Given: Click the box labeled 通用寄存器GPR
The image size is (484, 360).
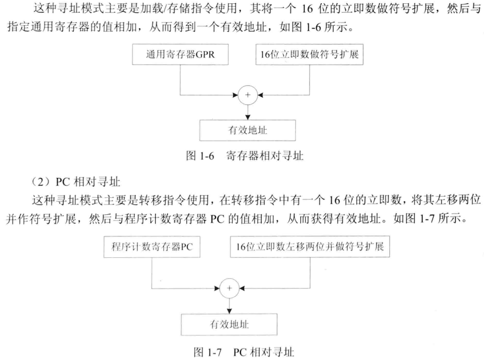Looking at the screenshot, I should coord(180,54).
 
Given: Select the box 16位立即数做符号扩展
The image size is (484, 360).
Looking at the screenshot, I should coord(309,54).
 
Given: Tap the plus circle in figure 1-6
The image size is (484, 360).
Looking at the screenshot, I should coord(248,95).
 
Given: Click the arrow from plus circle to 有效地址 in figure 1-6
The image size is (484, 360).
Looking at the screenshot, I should coord(248,112).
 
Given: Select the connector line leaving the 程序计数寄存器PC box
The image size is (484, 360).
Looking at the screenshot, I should coord(152,272).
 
